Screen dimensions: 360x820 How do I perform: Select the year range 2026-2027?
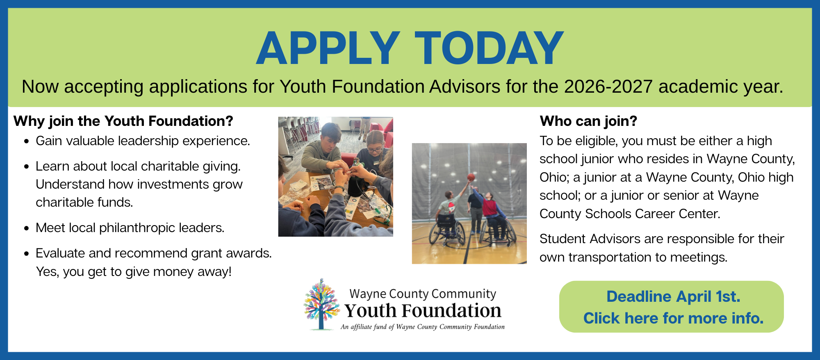[608, 87]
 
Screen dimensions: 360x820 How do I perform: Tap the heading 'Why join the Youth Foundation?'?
[123, 121]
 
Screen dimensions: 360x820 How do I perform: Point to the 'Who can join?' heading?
[588, 121]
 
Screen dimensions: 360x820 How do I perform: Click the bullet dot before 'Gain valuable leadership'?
[27, 141]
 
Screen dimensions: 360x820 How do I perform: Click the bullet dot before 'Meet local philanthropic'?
[27, 228]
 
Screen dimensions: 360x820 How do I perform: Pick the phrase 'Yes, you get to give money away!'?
[134, 271]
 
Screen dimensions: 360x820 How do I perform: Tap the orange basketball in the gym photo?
[471, 177]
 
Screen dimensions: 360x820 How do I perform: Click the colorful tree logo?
[321, 304]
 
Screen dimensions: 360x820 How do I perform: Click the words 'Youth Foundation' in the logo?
[423, 311]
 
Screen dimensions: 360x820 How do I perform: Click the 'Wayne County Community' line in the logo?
[423, 294]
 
